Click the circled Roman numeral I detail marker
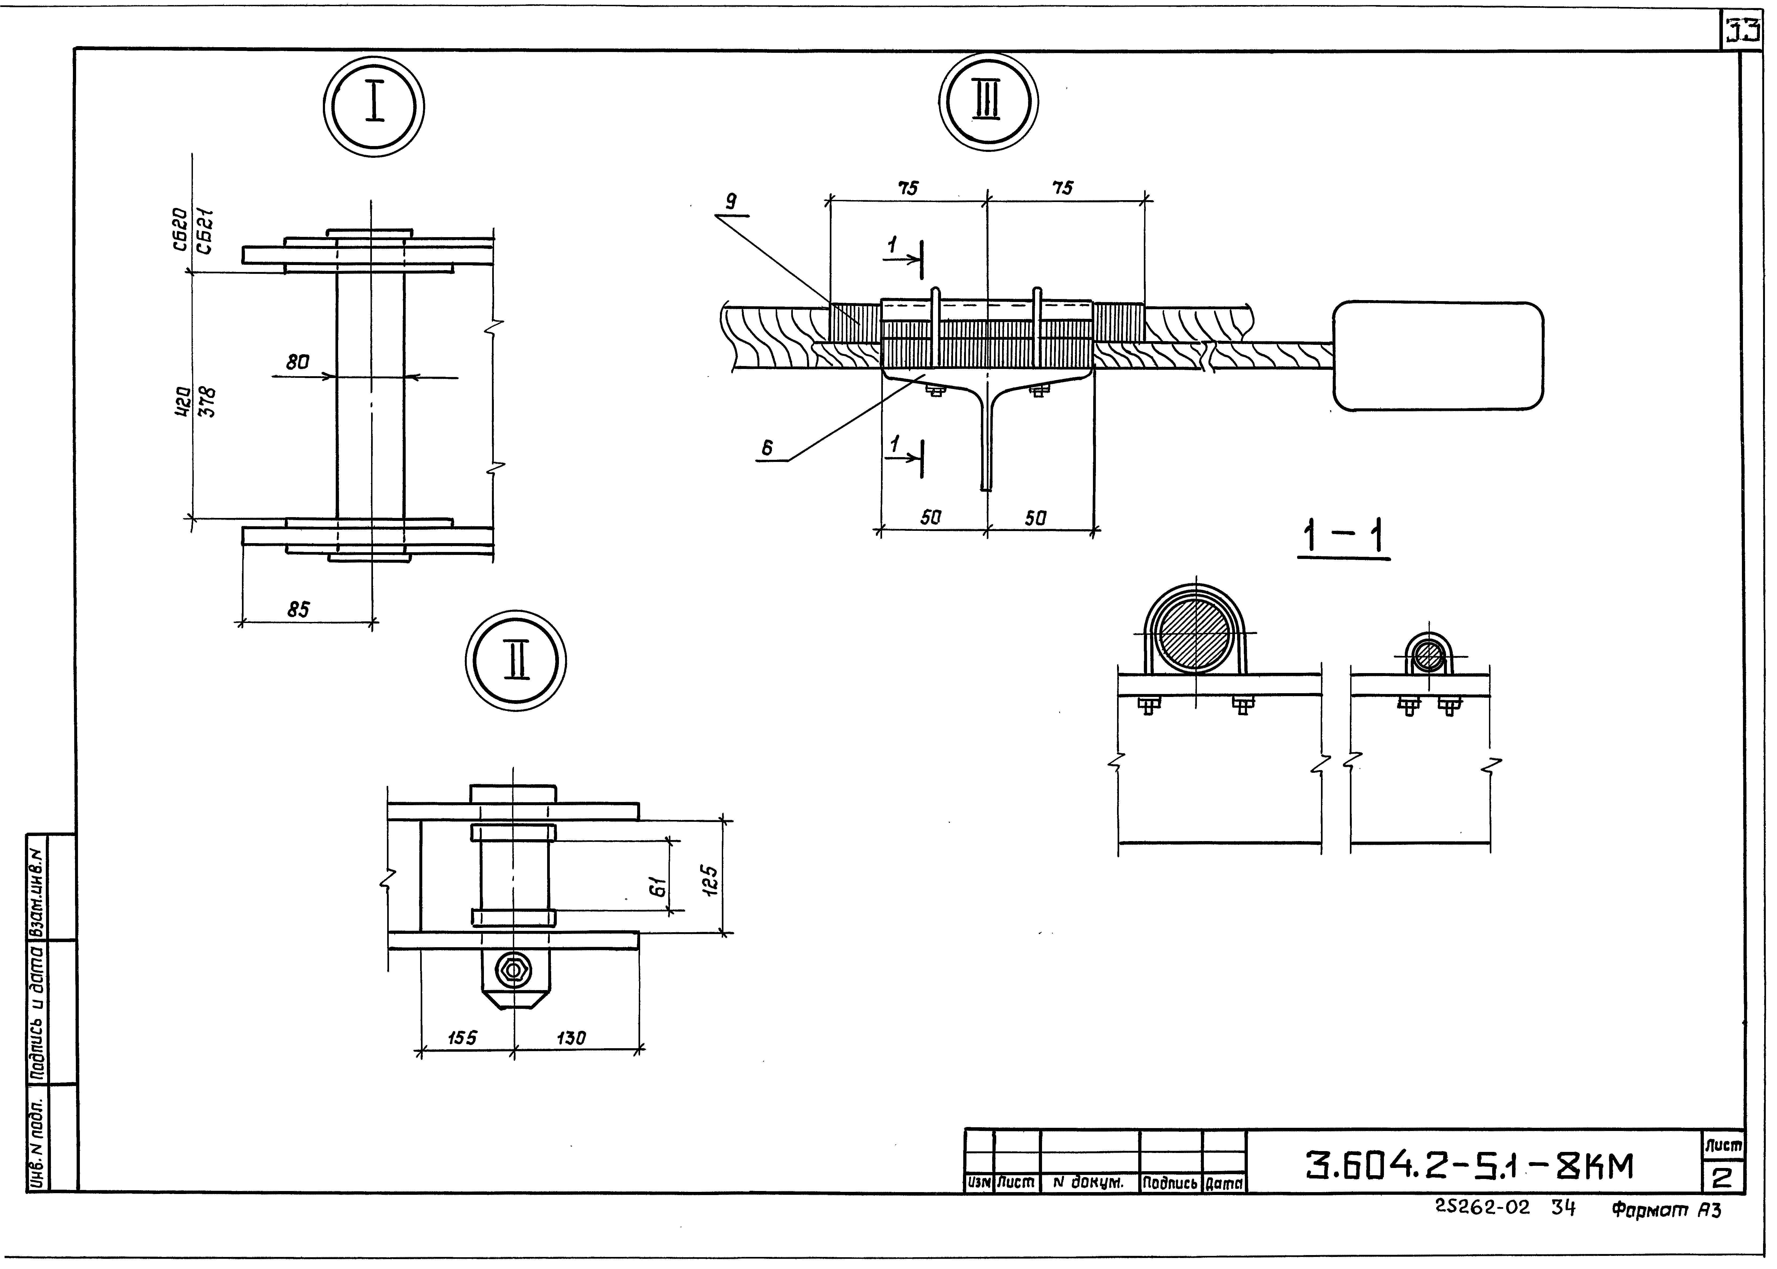coord(374,106)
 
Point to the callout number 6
coord(767,448)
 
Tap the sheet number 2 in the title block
coord(1722,1178)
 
